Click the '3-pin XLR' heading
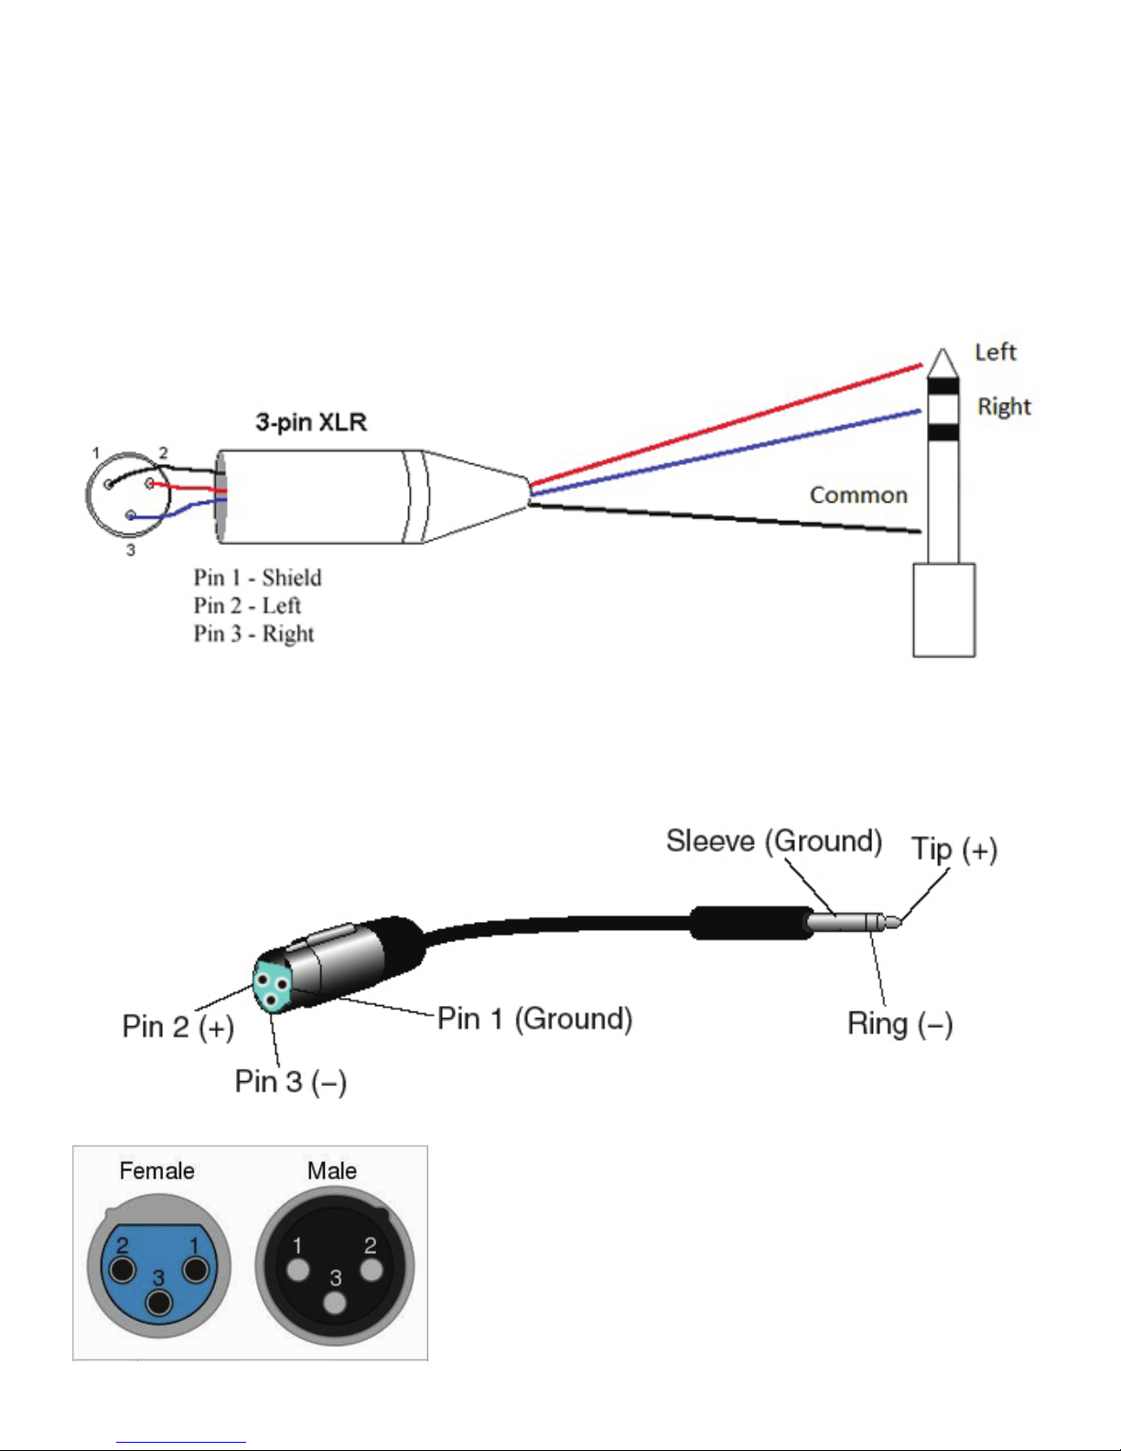click(311, 422)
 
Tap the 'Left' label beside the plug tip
click(996, 352)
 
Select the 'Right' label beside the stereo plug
click(1004, 406)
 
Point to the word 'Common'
click(858, 494)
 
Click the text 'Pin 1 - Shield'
click(257, 578)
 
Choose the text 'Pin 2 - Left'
click(247, 606)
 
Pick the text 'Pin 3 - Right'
click(253, 633)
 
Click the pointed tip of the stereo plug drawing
click(943, 349)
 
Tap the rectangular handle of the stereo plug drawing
click(944, 611)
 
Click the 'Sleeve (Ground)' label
click(774, 841)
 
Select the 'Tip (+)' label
click(954, 850)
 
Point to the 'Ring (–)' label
click(900, 1023)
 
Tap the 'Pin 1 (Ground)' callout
click(534, 1019)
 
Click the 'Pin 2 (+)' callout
click(178, 1027)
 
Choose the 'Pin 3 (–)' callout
click(290, 1082)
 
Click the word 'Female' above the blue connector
click(156, 1171)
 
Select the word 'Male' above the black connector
click(331, 1171)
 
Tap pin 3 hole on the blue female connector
click(159, 1303)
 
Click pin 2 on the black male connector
click(372, 1270)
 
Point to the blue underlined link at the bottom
click(181, 1442)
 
